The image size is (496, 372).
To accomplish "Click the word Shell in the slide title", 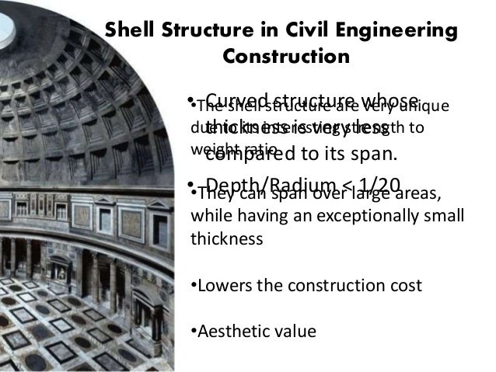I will click(130, 32).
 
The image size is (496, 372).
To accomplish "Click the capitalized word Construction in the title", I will click(286, 57).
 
